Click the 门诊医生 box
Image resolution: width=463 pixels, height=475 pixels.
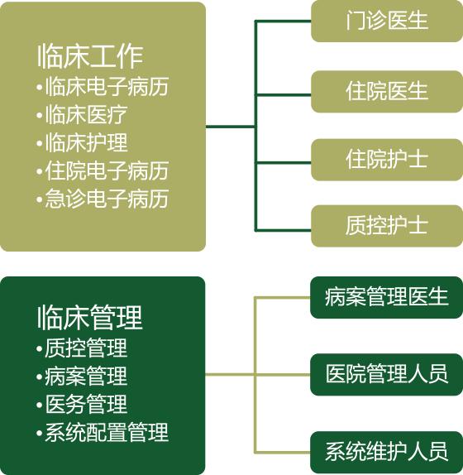(387, 21)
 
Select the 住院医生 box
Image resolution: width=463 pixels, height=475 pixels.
(387, 92)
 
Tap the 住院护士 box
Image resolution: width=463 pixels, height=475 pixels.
(387, 160)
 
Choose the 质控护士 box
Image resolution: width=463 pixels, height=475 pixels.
(387, 226)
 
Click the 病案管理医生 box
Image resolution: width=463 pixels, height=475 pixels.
(386, 297)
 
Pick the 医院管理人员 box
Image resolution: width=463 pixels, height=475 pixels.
(386, 374)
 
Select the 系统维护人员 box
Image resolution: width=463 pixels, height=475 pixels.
(386, 453)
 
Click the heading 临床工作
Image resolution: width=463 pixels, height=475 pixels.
(90, 56)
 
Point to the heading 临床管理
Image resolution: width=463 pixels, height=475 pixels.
(90, 318)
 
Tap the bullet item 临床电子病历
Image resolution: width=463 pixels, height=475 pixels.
(103, 87)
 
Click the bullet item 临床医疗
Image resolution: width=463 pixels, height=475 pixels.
(82, 115)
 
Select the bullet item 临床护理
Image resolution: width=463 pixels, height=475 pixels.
(82, 142)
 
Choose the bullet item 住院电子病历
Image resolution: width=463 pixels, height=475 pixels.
(103, 170)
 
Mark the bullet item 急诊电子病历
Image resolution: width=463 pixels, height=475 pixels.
(103, 199)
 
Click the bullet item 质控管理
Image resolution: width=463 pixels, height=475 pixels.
(82, 348)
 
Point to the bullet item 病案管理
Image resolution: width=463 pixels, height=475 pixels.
(82, 377)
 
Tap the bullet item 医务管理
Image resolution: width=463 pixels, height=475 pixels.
(82, 404)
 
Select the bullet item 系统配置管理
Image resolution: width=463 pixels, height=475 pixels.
(103, 432)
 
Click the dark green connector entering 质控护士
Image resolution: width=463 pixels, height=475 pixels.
(284, 231)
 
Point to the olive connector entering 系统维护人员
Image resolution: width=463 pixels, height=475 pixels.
(282, 453)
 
